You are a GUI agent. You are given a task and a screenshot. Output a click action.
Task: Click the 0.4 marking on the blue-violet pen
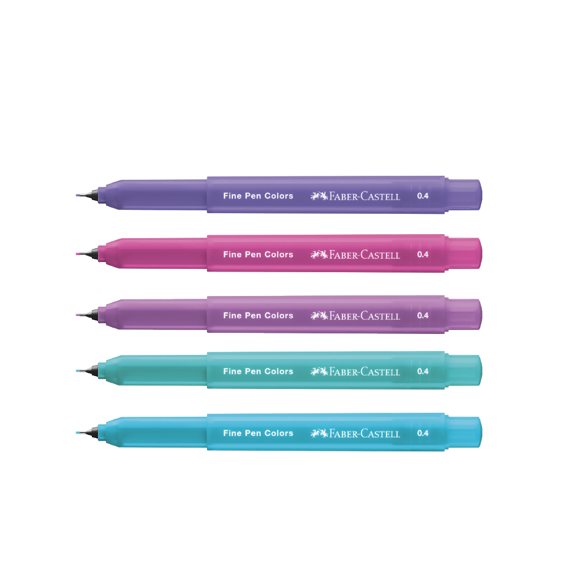pyautogui.click(x=423, y=196)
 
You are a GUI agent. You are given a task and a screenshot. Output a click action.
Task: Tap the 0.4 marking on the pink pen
pyautogui.click(x=423, y=254)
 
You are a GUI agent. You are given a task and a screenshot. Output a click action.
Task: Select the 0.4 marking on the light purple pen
pyautogui.click(x=423, y=315)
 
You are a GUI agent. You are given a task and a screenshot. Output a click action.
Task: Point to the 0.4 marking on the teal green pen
pyautogui.click(x=423, y=371)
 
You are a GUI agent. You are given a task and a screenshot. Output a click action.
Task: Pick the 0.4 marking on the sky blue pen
pyautogui.click(x=423, y=433)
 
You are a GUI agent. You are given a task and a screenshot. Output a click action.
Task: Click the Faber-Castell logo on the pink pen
pyautogui.click(x=355, y=255)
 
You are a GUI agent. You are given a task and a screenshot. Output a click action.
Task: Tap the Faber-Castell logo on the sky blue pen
pyautogui.click(x=355, y=433)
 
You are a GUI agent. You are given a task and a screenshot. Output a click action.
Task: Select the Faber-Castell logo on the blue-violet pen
pyautogui.click(x=355, y=196)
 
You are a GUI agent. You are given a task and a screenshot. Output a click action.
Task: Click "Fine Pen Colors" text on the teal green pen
pyautogui.click(x=258, y=371)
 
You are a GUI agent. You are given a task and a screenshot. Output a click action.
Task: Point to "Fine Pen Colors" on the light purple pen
pyautogui.click(x=258, y=315)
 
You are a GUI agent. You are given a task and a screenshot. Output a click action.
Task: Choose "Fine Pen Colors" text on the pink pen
pyautogui.click(x=258, y=255)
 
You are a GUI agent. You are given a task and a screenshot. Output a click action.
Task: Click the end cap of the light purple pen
pyautogui.click(x=463, y=314)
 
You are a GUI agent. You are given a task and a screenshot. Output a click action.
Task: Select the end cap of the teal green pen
pyautogui.click(x=463, y=370)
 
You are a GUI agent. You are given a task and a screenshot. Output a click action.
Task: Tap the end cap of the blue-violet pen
pyautogui.click(x=463, y=194)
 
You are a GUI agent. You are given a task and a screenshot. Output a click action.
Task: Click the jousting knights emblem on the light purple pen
pyautogui.click(x=319, y=315)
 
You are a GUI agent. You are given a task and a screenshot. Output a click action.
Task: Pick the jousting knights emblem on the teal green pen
pyautogui.click(x=319, y=371)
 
